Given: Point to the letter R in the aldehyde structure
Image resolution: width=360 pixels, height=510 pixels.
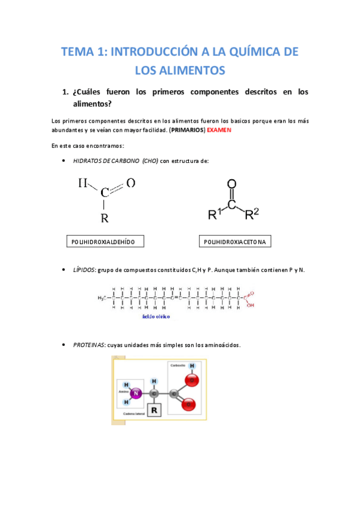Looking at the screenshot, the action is pos(105,218).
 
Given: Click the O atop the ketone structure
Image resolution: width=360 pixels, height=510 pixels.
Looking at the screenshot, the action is pos(232,185).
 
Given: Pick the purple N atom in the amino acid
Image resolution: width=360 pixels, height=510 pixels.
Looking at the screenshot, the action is pos(136,394).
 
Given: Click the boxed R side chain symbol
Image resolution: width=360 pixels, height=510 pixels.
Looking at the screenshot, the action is pos(154,410).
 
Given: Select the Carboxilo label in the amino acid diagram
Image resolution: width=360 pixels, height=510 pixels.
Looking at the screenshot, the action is pos(177,366).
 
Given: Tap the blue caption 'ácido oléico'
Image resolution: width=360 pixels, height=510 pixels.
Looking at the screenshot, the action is pos(156,315).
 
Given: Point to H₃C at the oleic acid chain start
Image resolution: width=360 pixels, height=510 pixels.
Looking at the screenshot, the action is pos(103,297).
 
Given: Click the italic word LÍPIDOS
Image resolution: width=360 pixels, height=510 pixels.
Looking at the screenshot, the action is pos(84,271).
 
